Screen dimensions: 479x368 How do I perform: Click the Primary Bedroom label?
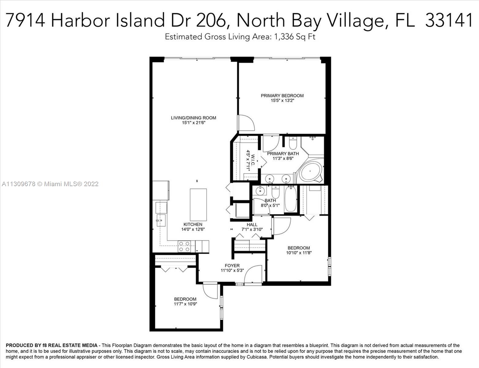tap(282, 96)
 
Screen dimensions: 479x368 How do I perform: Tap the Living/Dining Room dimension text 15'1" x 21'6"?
tap(194, 123)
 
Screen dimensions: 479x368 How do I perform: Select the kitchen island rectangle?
tap(198, 205)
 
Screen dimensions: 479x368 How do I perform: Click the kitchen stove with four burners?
tap(184, 247)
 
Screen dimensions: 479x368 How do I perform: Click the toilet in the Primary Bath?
tap(293, 144)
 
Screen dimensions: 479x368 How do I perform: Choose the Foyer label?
tap(232, 266)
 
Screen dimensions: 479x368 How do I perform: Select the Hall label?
tap(252, 224)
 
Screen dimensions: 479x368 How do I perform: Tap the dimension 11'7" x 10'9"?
tap(185, 304)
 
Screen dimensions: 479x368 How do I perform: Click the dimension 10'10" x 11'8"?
tap(299, 253)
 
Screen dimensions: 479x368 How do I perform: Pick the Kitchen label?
tap(193, 224)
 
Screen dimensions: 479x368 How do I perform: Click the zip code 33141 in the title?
tap(449, 20)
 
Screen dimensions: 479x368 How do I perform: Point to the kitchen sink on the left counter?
tap(161, 220)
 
